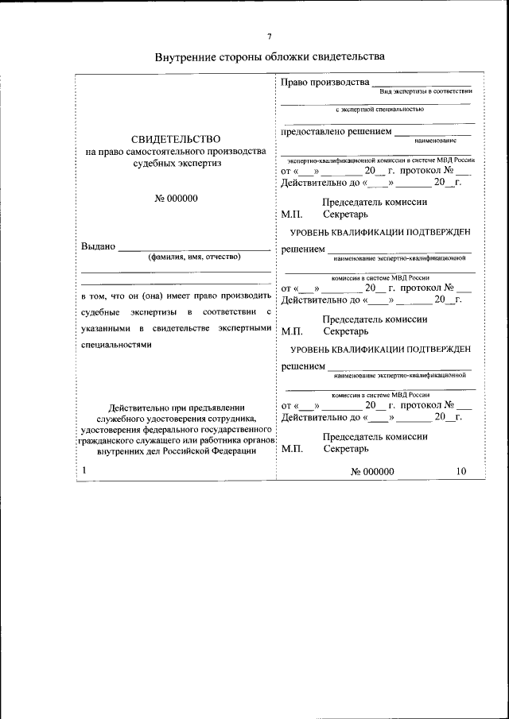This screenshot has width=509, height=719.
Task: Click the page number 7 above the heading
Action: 269,37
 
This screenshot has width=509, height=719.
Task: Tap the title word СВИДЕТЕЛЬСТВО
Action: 176,139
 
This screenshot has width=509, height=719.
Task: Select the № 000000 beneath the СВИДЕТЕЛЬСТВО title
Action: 176,198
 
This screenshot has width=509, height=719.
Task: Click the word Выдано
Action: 99,246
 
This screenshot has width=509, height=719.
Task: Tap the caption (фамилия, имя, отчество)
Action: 194,257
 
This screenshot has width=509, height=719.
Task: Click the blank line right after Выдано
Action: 195,249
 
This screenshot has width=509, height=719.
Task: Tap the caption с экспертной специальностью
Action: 379,109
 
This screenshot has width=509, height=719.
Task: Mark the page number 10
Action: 461,471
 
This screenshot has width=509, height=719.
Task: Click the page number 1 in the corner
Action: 84,471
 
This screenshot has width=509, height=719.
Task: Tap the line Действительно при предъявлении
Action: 176,406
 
